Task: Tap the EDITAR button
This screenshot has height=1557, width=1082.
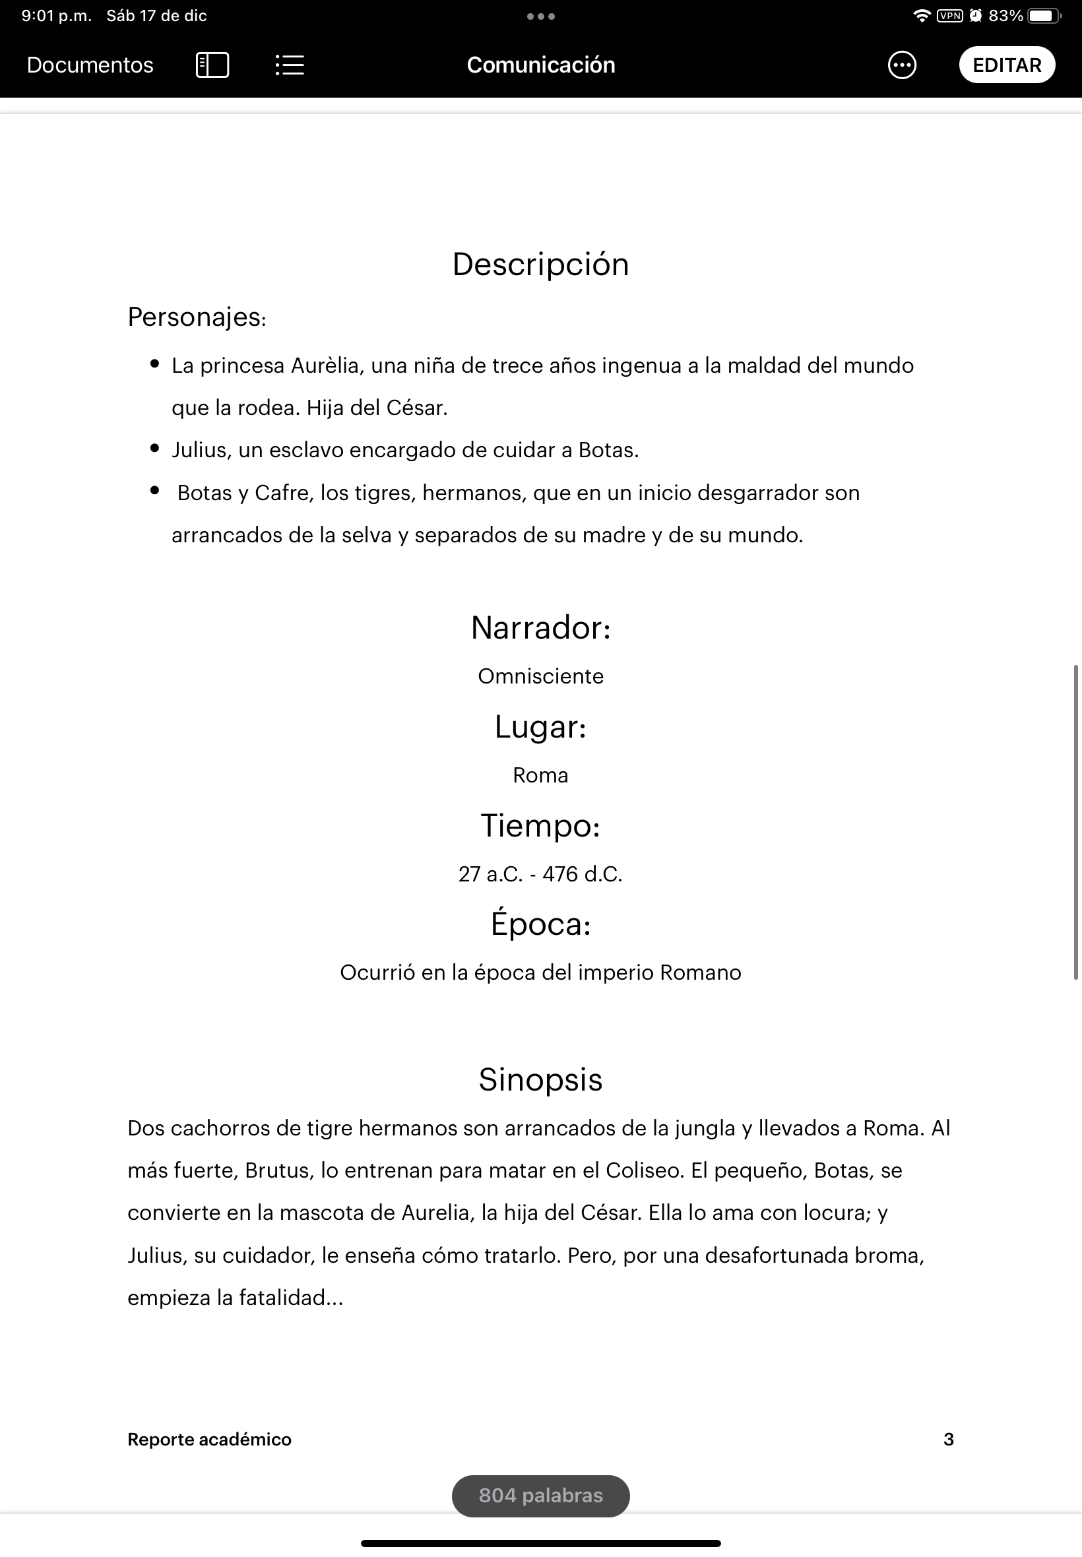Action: (1006, 65)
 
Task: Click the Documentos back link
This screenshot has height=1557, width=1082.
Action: (90, 65)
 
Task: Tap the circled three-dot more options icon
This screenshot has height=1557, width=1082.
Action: (902, 65)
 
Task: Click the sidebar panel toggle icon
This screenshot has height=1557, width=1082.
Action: (212, 65)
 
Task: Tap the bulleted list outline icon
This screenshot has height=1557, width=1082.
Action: (290, 65)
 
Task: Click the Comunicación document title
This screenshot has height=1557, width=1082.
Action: (540, 65)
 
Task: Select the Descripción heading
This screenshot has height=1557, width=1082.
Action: (540, 265)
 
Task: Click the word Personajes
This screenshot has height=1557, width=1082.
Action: (195, 317)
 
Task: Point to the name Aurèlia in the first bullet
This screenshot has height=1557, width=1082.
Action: (325, 365)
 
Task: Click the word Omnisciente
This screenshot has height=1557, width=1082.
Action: (540, 676)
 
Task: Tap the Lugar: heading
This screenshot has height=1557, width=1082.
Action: (540, 726)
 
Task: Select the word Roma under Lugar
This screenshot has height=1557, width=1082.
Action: (540, 775)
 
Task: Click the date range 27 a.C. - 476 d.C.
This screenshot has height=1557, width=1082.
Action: (540, 874)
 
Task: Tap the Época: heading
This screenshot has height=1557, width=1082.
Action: (540, 924)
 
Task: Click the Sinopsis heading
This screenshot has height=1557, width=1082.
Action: (540, 1080)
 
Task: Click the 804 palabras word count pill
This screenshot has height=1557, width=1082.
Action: (540, 1496)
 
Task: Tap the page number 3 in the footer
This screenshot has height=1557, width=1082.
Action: (949, 1439)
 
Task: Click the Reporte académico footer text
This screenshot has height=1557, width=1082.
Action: (210, 1439)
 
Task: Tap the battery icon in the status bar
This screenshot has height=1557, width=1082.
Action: (1042, 16)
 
